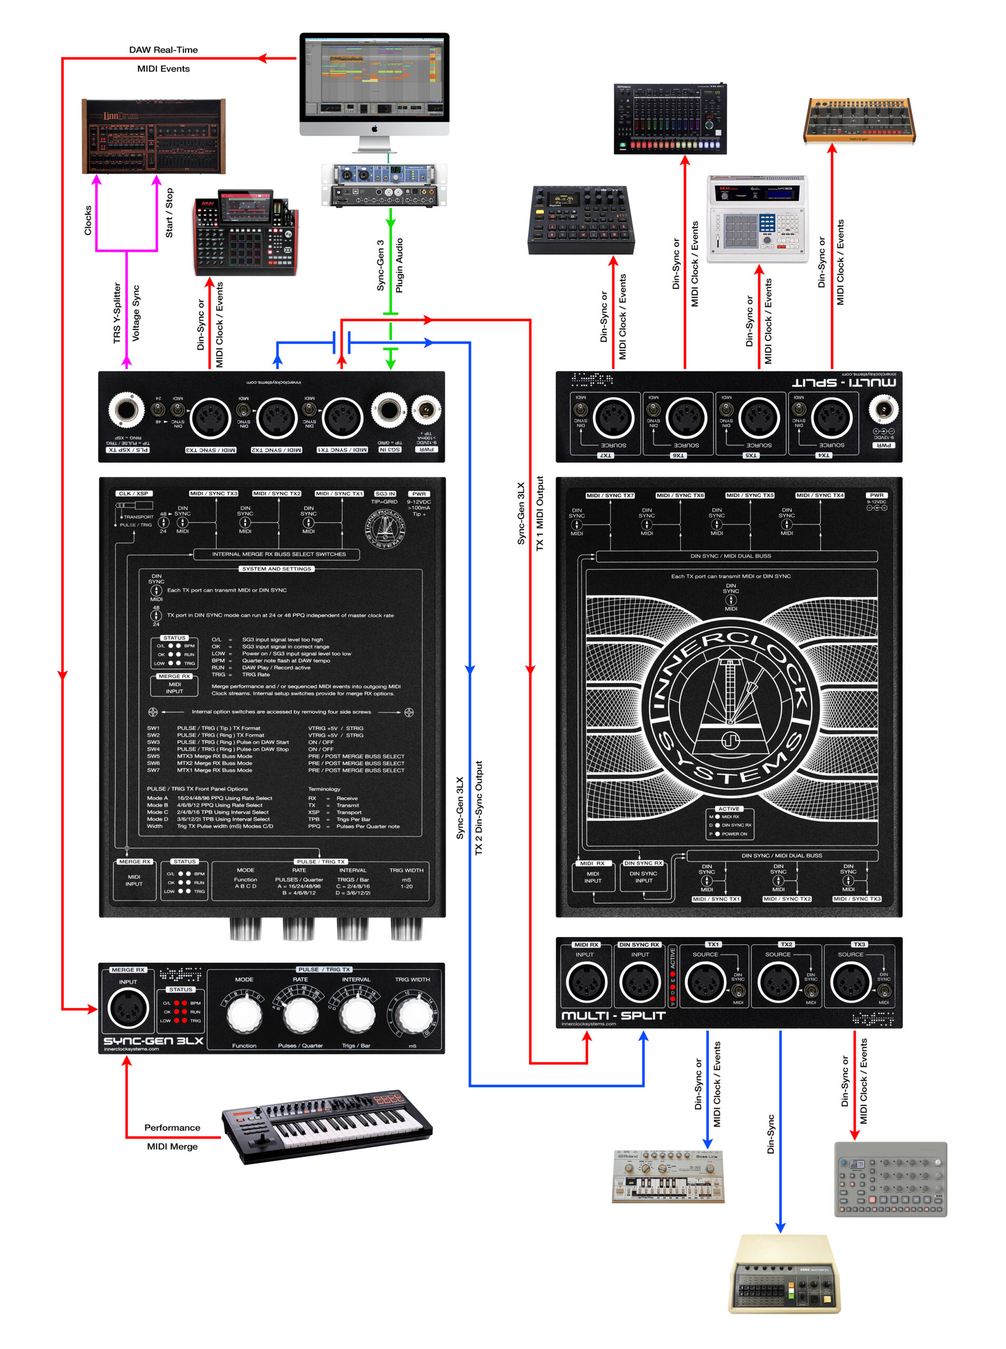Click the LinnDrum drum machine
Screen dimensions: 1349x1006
pyautogui.click(x=153, y=136)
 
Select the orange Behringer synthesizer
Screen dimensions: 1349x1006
pyautogui.click(x=860, y=121)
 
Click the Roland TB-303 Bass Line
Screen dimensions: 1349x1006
pyautogui.click(x=668, y=1176)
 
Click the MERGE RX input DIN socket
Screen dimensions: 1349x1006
pyautogui.click(x=128, y=1008)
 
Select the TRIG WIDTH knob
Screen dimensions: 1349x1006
pyautogui.click(x=413, y=1015)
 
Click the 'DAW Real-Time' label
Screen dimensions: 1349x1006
pyautogui.click(x=163, y=50)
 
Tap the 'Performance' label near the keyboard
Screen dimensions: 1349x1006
pyautogui.click(x=172, y=1127)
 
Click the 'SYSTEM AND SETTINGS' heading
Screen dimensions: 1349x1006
pyautogui.click(x=277, y=569)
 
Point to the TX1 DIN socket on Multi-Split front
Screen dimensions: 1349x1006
pyautogui.click(x=705, y=983)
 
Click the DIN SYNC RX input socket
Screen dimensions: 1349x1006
pyautogui.click(x=639, y=983)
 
